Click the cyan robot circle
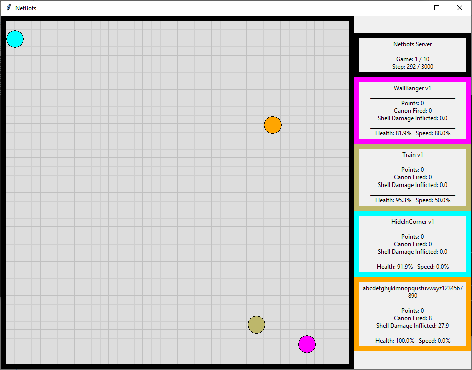click(15, 39)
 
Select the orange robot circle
click(273, 125)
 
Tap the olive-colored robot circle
click(256, 324)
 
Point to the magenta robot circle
click(307, 344)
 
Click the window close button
click(460, 8)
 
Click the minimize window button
click(414, 8)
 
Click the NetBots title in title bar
click(26, 8)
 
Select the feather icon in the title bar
click(8, 8)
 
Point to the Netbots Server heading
click(412, 44)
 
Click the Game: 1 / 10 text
click(412, 59)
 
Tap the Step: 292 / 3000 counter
click(412, 66)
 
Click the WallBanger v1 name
click(412, 88)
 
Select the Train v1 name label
click(412, 155)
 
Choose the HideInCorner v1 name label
click(412, 222)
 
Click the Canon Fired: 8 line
click(412, 318)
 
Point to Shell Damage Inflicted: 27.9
click(412, 326)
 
